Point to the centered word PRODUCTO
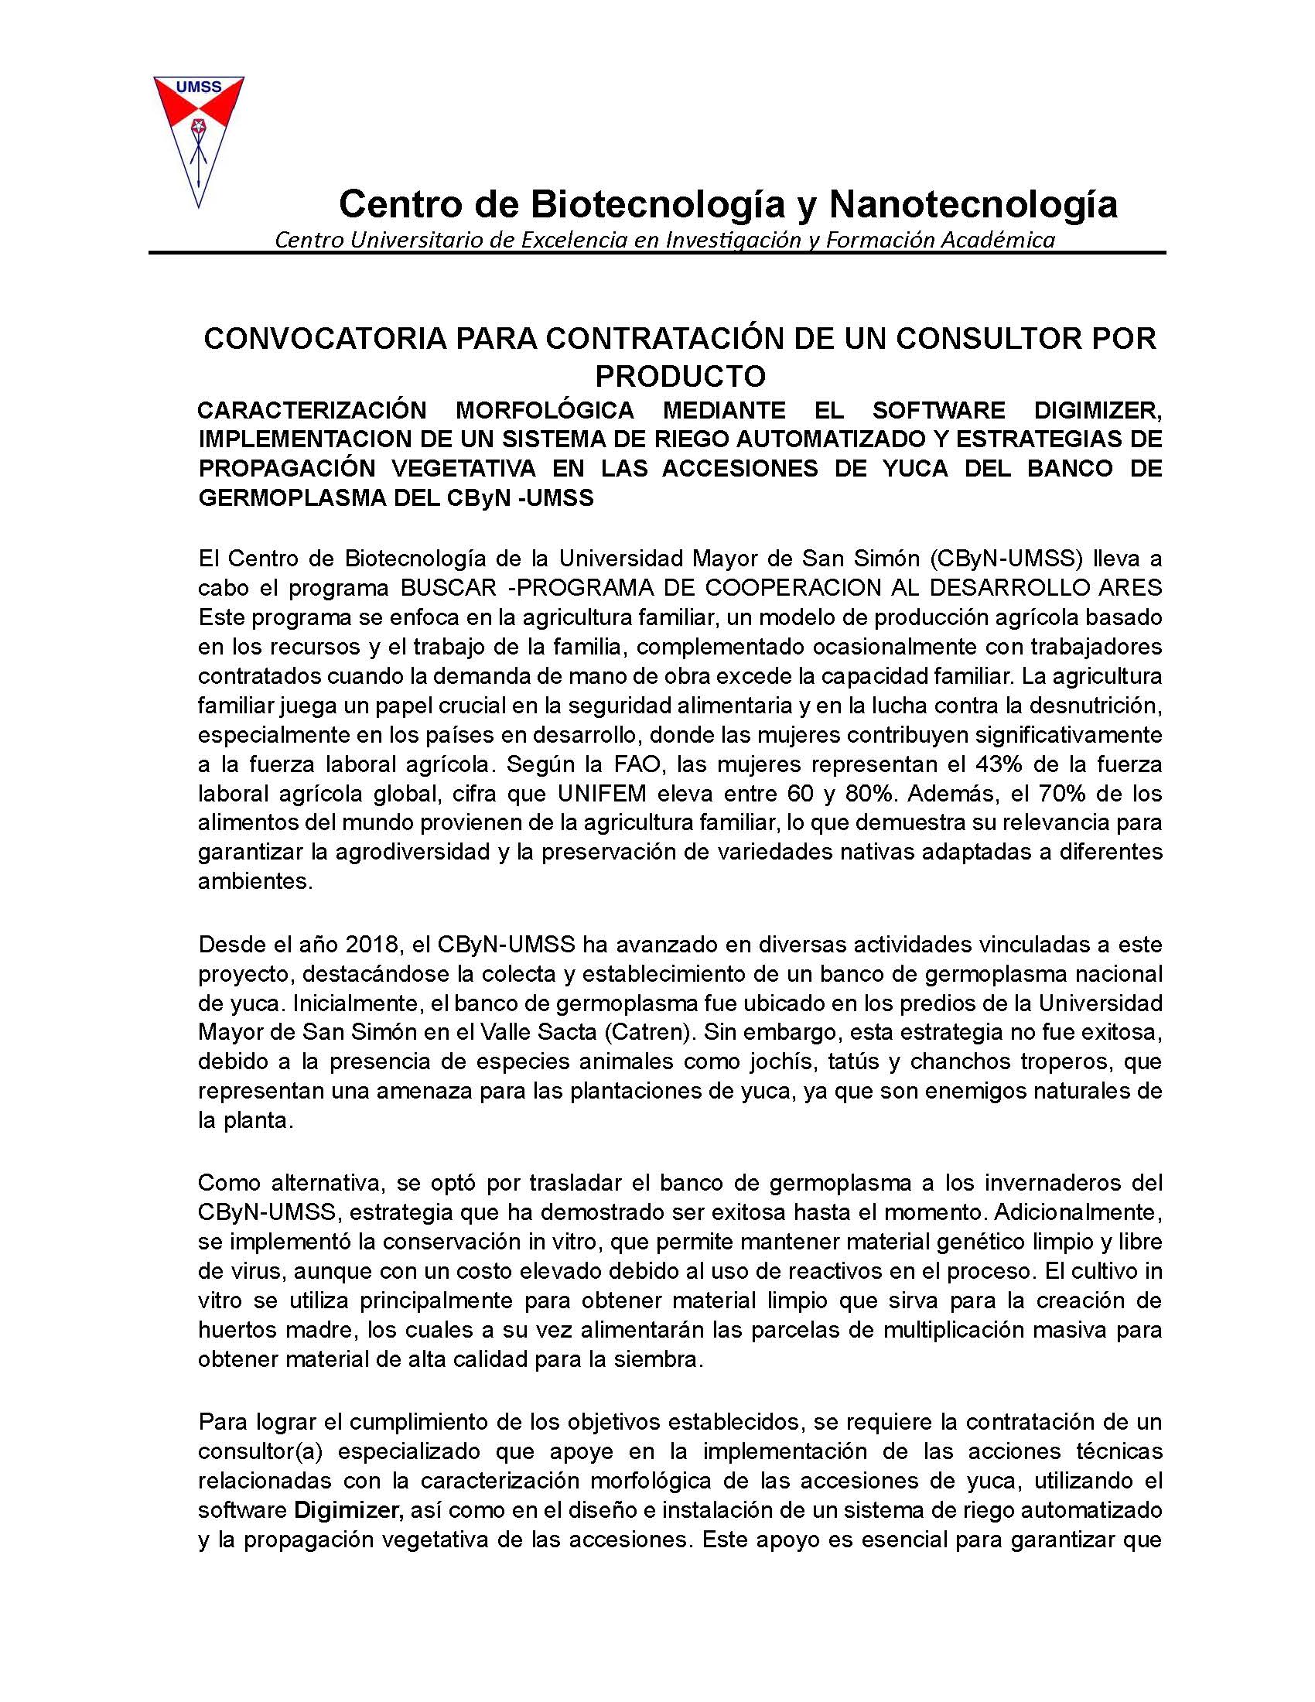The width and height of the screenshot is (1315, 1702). coord(680,377)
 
